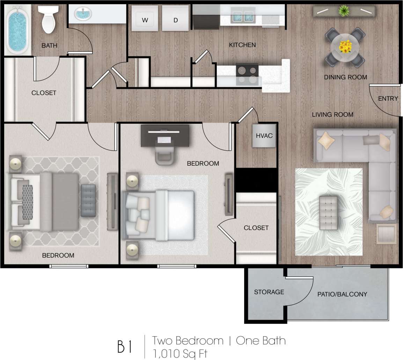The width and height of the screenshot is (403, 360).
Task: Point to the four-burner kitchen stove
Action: [247, 74]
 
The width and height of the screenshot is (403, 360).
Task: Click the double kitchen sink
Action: [242, 16]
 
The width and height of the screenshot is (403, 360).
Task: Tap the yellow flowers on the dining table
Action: [345, 46]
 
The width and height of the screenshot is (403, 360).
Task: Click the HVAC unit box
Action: [264, 136]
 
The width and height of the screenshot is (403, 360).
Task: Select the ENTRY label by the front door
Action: [388, 99]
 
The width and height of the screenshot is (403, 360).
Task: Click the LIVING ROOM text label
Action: [332, 114]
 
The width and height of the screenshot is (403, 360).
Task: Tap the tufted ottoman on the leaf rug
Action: [329, 213]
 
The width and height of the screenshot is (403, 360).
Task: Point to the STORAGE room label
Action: [269, 292]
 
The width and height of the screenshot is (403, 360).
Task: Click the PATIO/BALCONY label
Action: [342, 294]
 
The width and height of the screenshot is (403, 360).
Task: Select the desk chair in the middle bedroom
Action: [164, 155]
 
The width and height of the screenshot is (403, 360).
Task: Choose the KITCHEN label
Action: [242, 45]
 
